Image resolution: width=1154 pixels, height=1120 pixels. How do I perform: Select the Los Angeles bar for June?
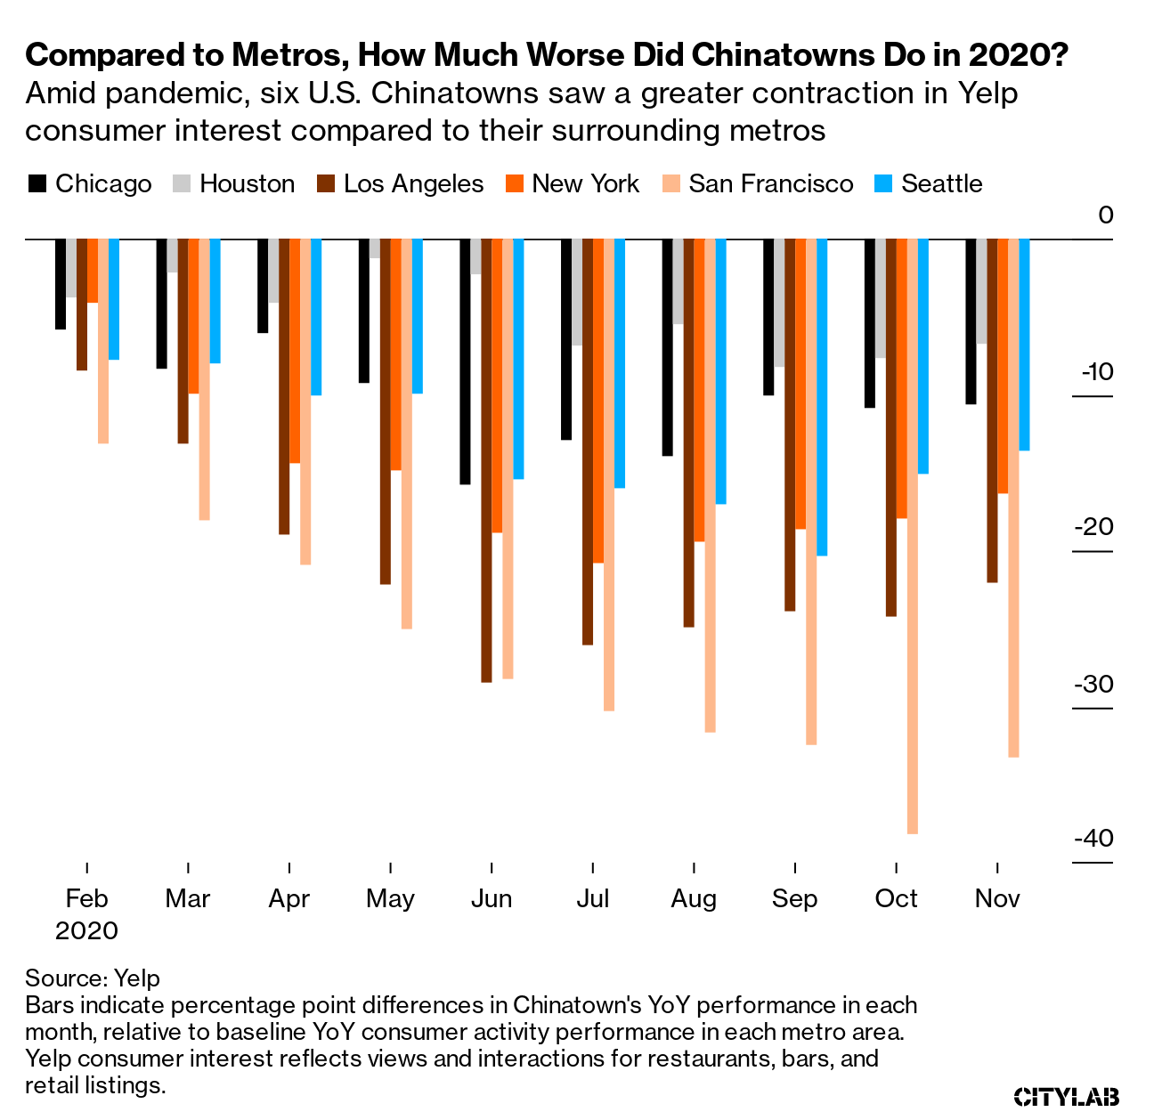point(486,460)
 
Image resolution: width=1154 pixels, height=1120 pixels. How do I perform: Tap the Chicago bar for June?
point(465,361)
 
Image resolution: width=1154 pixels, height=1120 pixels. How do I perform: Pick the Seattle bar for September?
point(822,397)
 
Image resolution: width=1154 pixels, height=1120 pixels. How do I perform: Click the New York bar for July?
point(598,401)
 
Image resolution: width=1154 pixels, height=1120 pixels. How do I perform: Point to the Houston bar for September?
point(779,303)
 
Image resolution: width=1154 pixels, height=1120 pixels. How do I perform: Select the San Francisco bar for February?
point(103,341)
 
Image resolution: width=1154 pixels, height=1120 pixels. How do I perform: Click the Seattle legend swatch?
point(881,184)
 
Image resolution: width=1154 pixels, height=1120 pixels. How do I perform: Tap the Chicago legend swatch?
point(37,184)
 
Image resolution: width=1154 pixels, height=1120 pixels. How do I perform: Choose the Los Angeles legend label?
point(413,184)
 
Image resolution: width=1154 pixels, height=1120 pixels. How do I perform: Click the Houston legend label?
point(247,184)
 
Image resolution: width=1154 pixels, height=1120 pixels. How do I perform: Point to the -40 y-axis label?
point(1093,839)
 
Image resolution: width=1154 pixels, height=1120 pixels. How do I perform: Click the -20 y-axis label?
point(1093,527)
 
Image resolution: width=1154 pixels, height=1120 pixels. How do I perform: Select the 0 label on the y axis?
point(1105,215)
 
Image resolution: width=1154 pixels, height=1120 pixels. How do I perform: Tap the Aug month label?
point(694,899)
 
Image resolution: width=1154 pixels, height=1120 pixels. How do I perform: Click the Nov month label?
point(997,899)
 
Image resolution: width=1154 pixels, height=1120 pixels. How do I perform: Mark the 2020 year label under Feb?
point(86,931)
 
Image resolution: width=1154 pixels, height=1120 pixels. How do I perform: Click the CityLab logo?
point(1067,1096)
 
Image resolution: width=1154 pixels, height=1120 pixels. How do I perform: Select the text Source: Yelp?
point(93,978)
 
